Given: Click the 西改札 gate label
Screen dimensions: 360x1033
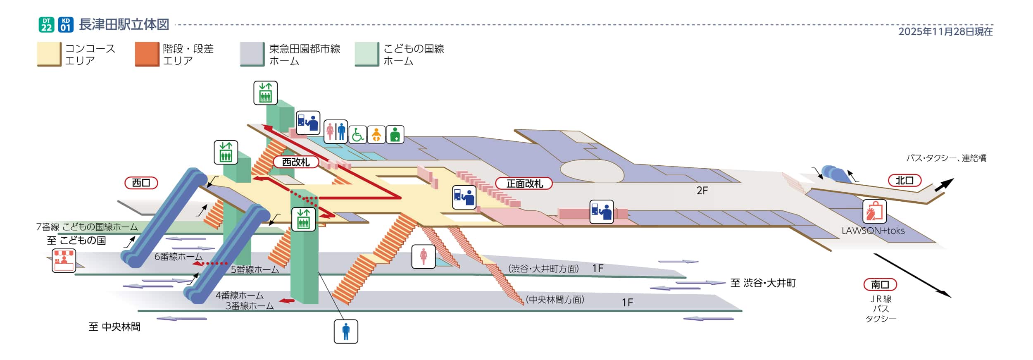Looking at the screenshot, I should [x=296, y=162].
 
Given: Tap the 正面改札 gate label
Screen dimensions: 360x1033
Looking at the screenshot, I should [x=524, y=184].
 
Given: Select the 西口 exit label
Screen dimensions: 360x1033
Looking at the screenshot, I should [x=141, y=183].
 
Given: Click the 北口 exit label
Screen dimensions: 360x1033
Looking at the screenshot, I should [x=904, y=181].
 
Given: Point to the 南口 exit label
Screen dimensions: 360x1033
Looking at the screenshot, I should [x=880, y=285].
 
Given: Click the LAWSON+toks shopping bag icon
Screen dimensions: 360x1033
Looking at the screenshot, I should [x=874, y=212].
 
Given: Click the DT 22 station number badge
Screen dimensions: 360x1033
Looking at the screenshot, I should [x=47, y=25].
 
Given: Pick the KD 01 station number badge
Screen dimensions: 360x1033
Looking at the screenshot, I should [x=66, y=25].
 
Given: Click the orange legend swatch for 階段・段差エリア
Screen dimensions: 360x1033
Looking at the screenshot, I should [x=147, y=54].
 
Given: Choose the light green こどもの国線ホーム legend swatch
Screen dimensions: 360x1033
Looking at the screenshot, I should [x=367, y=54].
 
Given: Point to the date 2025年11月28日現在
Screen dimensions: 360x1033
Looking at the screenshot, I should [x=945, y=32].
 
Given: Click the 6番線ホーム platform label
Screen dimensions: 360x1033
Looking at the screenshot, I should [x=179, y=257].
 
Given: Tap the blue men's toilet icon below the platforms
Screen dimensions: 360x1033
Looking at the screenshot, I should [x=346, y=331].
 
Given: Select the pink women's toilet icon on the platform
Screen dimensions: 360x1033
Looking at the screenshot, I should [x=424, y=257].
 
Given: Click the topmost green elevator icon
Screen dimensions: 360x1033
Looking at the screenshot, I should [x=265, y=93].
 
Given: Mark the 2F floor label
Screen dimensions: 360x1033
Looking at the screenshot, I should [x=702, y=191].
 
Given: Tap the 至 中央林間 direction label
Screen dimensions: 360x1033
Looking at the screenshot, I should [x=114, y=327].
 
